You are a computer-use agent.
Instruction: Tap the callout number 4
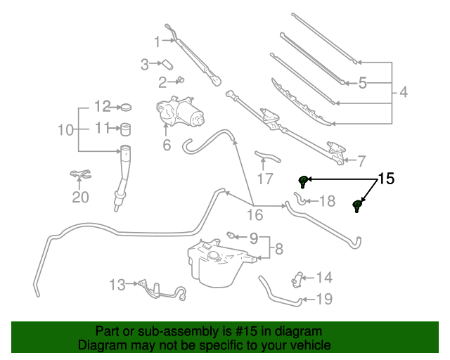point(404,92)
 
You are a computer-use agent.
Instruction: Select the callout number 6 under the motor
point(167,146)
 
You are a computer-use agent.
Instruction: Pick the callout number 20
point(80,197)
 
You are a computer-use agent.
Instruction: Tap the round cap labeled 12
point(127,107)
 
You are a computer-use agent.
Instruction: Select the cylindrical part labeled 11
point(127,129)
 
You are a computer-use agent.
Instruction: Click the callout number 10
point(65,129)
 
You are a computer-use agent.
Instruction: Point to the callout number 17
point(264,179)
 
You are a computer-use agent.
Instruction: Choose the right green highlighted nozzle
point(357,206)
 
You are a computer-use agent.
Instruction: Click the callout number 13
point(117,285)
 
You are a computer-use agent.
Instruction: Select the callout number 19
point(324,300)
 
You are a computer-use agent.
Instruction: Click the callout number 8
point(279,249)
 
